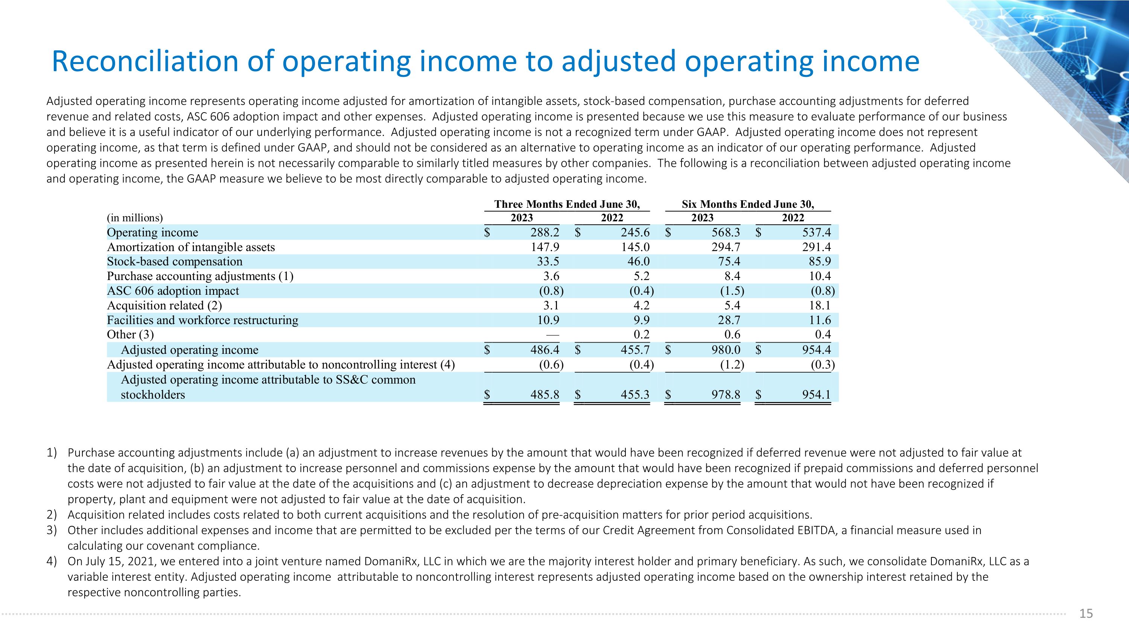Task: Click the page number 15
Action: pos(1086,614)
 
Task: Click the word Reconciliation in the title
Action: pos(145,61)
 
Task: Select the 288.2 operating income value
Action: pos(545,232)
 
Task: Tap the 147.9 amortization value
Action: pos(545,247)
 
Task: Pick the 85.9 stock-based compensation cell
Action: pos(820,262)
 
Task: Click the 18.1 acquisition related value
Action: pos(820,305)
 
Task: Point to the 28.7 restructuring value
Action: pos(729,320)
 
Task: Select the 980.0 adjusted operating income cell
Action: pos(726,350)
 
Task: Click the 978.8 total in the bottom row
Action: pos(726,395)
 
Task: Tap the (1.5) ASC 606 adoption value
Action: pos(732,291)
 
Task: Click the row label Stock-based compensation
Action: pos(175,262)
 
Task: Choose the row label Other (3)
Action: pos(130,335)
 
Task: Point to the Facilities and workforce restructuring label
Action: pos(202,320)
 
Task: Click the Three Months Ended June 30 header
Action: pos(567,204)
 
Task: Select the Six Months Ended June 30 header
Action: pos(748,204)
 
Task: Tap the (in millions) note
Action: pos(135,218)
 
